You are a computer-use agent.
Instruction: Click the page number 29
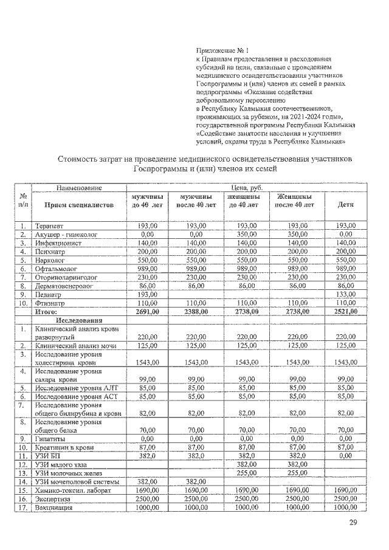pos(354,523)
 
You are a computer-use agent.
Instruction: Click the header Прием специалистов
pos(80,205)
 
